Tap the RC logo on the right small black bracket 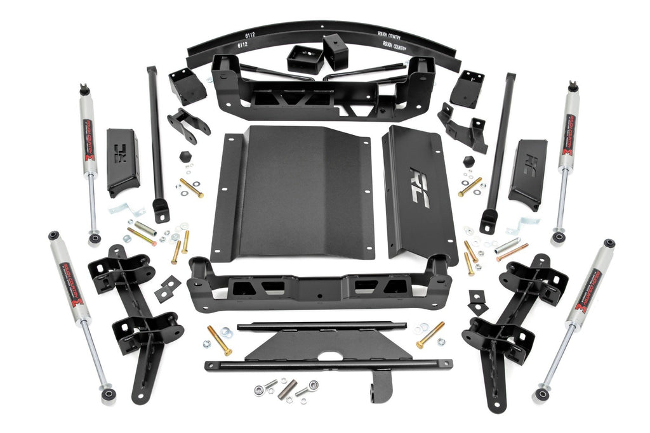pyautogui.click(x=529, y=164)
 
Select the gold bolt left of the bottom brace pyautogui.click(x=220, y=340)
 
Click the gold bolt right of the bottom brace pyautogui.click(x=430, y=334)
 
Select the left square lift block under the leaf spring pyautogui.click(x=305, y=59)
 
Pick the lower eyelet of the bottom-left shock pyautogui.click(x=110, y=394)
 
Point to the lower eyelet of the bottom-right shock pyautogui.click(x=541, y=394)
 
